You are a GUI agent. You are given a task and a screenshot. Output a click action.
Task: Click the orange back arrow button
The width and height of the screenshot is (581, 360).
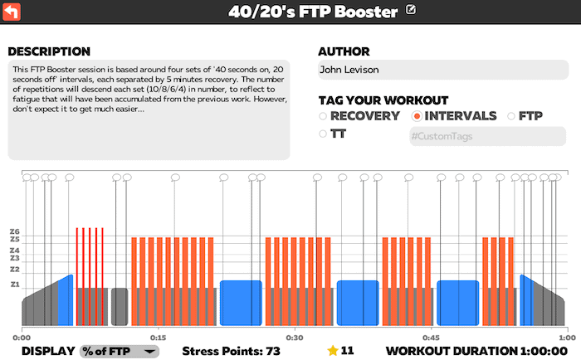(x=12, y=12)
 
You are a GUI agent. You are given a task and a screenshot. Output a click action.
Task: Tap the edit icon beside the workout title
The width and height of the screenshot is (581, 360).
(x=413, y=11)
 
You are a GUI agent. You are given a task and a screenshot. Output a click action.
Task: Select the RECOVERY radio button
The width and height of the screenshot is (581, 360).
(x=323, y=116)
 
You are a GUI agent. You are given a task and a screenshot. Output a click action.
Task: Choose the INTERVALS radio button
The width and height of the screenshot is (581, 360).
(x=417, y=116)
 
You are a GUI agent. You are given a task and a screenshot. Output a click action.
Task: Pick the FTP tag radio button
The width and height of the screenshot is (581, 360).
(x=511, y=116)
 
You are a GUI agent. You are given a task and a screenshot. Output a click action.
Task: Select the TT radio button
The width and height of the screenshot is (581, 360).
(x=323, y=134)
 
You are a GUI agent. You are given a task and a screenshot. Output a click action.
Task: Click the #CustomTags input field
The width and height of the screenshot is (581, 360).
(x=486, y=136)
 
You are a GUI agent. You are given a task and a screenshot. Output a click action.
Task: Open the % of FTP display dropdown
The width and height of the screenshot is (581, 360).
(x=119, y=351)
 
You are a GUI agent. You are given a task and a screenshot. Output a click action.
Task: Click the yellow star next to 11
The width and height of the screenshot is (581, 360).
(x=333, y=350)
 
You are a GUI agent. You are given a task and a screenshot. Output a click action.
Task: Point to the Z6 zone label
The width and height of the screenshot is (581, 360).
(x=14, y=231)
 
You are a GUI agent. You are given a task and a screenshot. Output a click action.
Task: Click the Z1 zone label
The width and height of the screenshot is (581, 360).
(x=14, y=285)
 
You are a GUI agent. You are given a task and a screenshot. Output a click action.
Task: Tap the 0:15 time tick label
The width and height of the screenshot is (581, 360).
(x=158, y=338)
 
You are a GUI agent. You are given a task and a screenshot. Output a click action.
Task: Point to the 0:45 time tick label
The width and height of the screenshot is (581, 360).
(x=430, y=338)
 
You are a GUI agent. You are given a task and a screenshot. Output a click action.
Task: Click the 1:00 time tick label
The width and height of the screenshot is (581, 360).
(x=566, y=338)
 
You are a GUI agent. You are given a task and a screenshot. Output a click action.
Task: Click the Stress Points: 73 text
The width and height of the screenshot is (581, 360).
(x=231, y=351)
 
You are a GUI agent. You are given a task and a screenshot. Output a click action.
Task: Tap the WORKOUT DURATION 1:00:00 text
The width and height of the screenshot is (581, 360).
(x=480, y=351)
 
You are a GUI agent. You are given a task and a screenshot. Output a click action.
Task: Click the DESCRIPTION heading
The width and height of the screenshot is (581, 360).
(x=49, y=51)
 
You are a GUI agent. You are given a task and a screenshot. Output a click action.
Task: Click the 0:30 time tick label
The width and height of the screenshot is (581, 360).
(x=294, y=338)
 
